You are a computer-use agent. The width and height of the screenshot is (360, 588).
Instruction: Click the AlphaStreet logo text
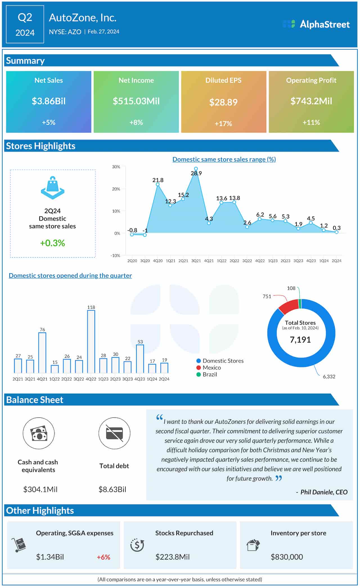[325, 24]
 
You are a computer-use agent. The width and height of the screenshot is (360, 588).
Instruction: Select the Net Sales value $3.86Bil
[49, 101]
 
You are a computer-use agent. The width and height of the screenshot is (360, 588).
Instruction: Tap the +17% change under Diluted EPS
[223, 124]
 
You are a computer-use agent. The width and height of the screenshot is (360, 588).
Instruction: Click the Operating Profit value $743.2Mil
[311, 101]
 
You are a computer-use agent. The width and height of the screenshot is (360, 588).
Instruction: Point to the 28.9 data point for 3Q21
[196, 169]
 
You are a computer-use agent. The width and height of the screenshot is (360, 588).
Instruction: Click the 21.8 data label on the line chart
[158, 180]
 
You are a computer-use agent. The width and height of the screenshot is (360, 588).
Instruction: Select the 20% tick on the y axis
[116, 189]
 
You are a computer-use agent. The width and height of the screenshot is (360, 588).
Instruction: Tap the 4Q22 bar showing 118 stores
[91, 341]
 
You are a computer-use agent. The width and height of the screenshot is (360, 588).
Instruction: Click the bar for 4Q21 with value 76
[42, 353]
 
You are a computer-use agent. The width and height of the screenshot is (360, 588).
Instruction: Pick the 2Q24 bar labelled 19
[164, 368]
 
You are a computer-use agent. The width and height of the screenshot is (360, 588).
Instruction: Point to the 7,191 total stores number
[300, 340]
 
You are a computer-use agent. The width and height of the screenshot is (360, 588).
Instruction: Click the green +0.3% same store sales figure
[53, 243]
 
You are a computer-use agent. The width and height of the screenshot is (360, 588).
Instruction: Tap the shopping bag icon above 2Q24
[53, 188]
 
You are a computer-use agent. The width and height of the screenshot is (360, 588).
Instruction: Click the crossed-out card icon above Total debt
[114, 433]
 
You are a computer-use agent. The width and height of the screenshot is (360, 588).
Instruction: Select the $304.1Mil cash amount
[40, 489]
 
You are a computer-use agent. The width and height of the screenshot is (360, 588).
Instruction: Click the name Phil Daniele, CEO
[324, 492]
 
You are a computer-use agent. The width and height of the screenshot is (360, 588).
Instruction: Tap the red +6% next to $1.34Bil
[103, 557]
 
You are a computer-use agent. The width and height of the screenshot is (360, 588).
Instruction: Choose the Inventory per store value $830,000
[287, 557]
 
